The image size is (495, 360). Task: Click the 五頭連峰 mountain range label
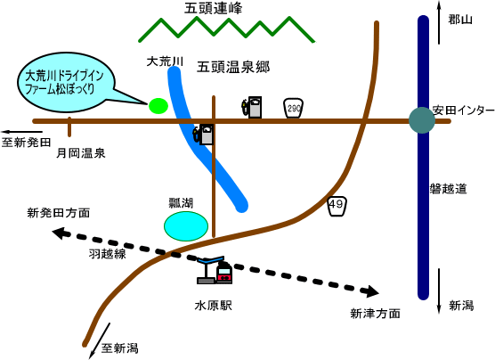tap(213, 9)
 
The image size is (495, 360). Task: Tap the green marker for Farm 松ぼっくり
tap(158, 105)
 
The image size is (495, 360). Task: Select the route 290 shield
tap(293, 108)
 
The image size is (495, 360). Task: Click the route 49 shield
tap(337, 206)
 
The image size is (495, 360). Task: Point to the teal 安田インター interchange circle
tap(422, 120)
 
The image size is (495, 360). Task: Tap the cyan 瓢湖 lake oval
tap(186, 226)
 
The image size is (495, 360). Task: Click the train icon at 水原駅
tap(224, 272)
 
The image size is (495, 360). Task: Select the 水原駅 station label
tap(214, 306)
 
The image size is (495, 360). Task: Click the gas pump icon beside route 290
tap(252, 107)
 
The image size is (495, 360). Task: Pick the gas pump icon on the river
tap(204, 134)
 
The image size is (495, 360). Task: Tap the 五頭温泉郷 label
tap(233, 68)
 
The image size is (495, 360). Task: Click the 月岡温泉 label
tap(80, 153)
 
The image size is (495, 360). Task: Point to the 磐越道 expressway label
tap(449, 189)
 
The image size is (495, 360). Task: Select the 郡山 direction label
tap(460, 20)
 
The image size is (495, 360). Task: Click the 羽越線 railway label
tap(107, 254)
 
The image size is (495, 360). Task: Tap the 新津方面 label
tap(375, 314)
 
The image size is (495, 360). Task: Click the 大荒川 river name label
tap(165, 61)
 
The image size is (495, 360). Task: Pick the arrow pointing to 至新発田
tap(21, 132)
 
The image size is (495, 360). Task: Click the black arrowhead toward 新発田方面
tap(60, 233)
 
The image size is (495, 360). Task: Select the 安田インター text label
tap(463, 110)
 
